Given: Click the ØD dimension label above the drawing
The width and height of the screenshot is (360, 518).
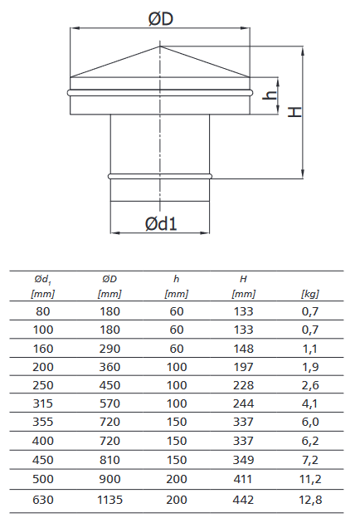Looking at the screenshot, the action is pyautogui.click(x=161, y=19).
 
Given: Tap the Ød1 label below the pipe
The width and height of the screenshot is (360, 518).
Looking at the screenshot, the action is pyautogui.click(x=161, y=223).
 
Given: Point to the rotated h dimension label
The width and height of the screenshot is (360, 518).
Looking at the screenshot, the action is pyautogui.click(x=270, y=95).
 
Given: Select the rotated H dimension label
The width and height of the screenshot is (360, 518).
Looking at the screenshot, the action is pyautogui.click(x=294, y=112).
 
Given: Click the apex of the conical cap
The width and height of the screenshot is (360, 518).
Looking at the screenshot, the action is pyautogui.click(x=160, y=46).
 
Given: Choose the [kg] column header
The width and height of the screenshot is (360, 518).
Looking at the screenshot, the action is pyautogui.click(x=310, y=294).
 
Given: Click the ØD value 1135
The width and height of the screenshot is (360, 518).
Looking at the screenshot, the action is pyautogui.click(x=109, y=500).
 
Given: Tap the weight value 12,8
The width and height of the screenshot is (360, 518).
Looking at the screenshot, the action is pyautogui.click(x=310, y=500).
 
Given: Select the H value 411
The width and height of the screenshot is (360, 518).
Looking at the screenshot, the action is pyautogui.click(x=243, y=479).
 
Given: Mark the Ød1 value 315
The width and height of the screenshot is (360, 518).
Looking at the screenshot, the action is pyautogui.click(x=43, y=403).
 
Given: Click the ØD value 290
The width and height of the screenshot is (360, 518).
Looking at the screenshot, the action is pyautogui.click(x=109, y=349).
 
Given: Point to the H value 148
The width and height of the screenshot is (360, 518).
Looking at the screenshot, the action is pyautogui.click(x=243, y=349).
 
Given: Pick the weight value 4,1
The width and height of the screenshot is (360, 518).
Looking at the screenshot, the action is pyautogui.click(x=310, y=403).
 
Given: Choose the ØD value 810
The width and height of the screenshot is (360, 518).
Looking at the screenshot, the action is pyautogui.click(x=109, y=460).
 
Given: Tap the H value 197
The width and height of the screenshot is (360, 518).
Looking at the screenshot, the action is pyautogui.click(x=243, y=367).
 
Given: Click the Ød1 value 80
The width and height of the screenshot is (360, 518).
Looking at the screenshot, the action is pyautogui.click(x=43, y=311).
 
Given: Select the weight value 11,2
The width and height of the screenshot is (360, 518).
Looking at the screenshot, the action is pyautogui.click(x=310, y=479).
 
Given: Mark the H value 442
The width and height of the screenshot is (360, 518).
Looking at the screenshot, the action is pyautogui.click(x=243, y=500).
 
